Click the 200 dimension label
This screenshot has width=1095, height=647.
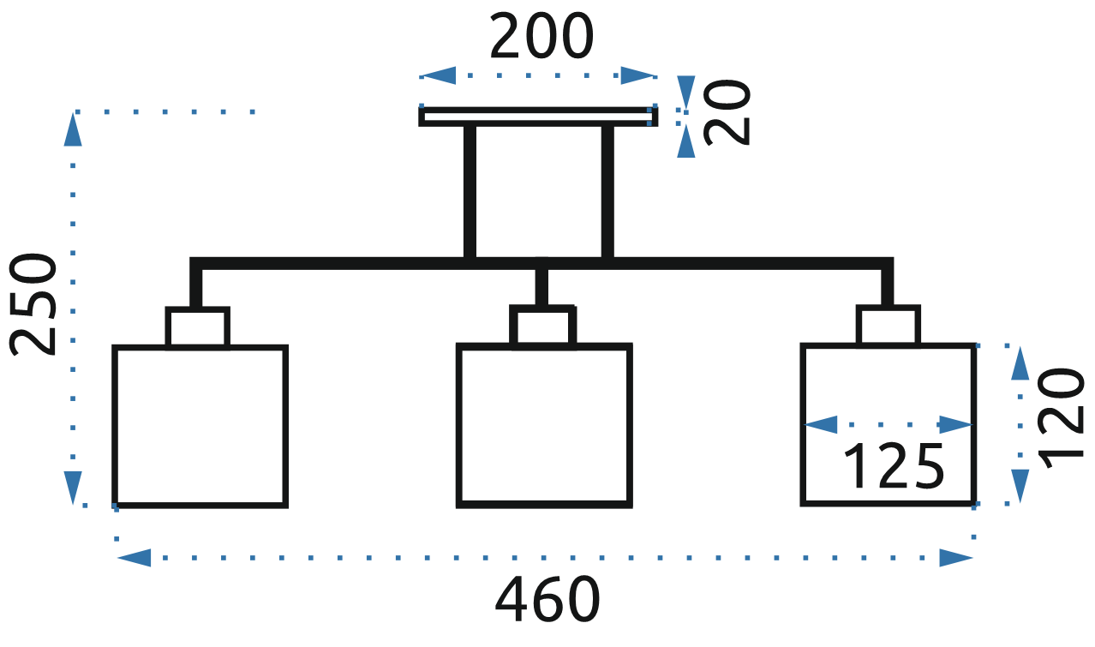[x=541, y=38]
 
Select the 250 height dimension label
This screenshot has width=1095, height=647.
[x=33, y=304]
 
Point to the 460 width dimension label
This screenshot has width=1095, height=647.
[x=546, y=599]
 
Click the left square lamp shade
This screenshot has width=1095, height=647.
[x=200, y=426]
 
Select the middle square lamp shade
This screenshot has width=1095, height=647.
[x=545, y=425]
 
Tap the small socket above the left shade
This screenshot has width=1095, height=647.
[x=197, y=327]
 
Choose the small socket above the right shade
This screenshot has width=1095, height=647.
[x=889, y=326]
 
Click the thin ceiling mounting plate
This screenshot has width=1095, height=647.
[x=538, y=117]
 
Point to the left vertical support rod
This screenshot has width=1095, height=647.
[x=470, y=192]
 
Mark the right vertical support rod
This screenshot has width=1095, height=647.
[x=607, y=192]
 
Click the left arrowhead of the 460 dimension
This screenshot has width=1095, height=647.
[x=133, y=559]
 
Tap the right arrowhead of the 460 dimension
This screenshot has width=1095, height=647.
[x=956, y=559]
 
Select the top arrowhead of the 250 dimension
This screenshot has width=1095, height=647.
[x=73, y=130]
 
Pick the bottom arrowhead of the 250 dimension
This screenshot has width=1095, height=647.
[x=73, y=487]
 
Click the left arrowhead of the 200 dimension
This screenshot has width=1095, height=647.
[x=438, y=76]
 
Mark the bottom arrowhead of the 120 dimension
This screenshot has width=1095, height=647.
[x=1020, y=485]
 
